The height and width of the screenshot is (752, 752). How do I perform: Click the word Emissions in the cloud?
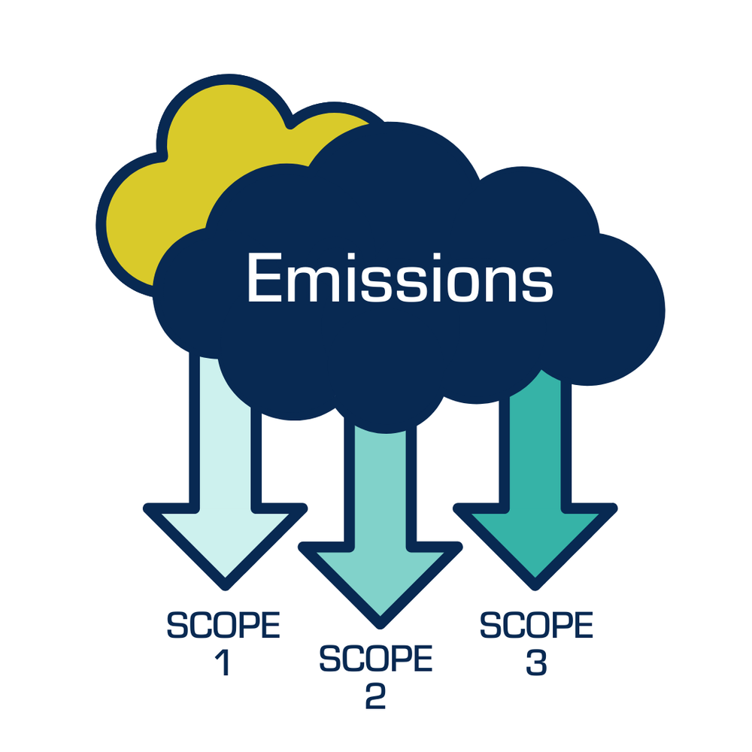click(399, 278)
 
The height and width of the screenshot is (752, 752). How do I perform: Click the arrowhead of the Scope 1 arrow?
click(224, 541)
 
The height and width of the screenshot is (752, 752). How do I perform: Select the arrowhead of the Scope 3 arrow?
click(535, 541)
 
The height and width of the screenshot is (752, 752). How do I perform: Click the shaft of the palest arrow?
click(224, 436)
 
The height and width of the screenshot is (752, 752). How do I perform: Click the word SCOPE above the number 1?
click(223, 626)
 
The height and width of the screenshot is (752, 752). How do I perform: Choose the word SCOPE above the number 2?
click(376, 660)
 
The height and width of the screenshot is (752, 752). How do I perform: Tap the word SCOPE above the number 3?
click(536, 626)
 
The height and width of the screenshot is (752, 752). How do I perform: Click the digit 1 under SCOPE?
click(223, 663)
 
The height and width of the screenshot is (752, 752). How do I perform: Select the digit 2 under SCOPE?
click(376, 696)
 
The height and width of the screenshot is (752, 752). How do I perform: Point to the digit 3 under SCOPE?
click(535, 663)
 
